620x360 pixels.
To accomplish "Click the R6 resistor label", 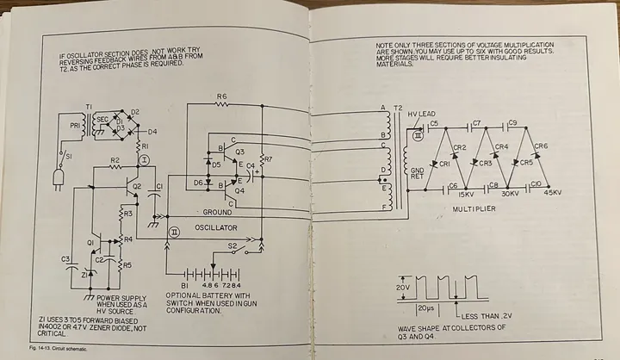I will [221, 96].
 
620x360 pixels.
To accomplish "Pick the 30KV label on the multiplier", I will [509, 194].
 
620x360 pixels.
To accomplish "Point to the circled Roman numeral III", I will [419, 133].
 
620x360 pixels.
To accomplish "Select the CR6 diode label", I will [541, 146].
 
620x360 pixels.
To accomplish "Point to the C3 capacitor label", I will [65, 258].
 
